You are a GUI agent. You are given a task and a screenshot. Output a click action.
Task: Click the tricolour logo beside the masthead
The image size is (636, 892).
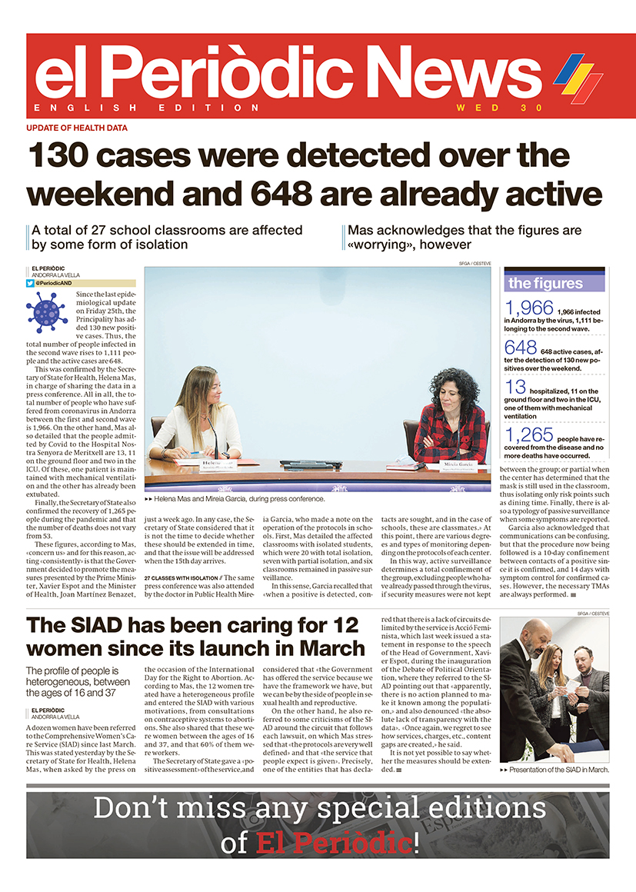pyautogui.click(x=578, y=78)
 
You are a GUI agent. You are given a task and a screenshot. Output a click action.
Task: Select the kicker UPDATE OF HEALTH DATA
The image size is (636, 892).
pyautogui.click(x=77, y=128)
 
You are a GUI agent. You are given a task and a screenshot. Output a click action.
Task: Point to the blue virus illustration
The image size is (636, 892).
pyautogui.click(x=47, y=311)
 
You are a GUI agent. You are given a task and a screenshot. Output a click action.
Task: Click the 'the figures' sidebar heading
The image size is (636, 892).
pyautogui.click(x=545, y=283)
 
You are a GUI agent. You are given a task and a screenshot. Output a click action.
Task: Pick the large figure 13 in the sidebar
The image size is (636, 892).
pyautogui.click(x=515, y=387)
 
